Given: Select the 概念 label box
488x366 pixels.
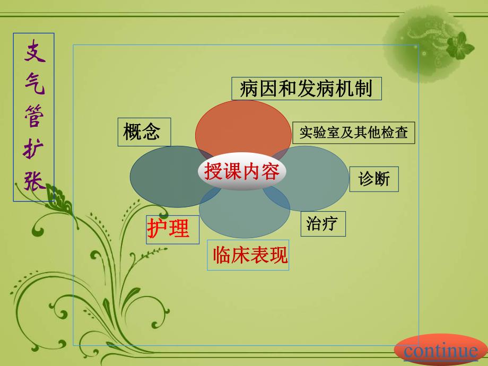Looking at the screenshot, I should [x=144, y=132].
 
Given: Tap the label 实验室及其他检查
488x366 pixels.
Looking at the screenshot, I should [x=353, y=133].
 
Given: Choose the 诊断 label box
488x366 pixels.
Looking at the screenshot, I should [x=374, y=179].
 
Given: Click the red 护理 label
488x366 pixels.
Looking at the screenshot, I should [x=168, y=229].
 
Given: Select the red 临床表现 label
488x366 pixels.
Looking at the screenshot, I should [x=249, y=256].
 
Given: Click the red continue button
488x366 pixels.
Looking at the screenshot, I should [x=441, y=351].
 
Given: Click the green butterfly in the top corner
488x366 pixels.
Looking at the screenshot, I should [x=460, y=46].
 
